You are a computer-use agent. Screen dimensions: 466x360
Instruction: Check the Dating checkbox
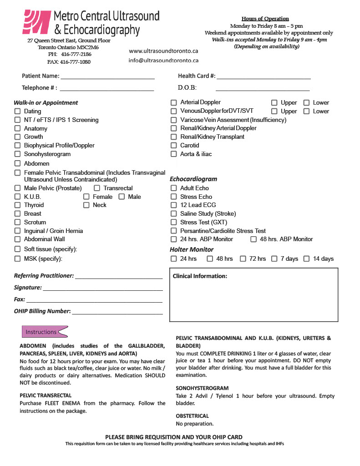[17, 111]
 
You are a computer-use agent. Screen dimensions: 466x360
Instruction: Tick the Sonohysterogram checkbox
[17, 154]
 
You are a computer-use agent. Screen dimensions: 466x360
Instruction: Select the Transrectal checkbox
[97, 188]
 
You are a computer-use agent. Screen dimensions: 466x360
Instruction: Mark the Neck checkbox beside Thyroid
[86, 205]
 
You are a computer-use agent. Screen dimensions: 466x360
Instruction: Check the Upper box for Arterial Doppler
[274, 103]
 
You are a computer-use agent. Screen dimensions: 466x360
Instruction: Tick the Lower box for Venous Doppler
[306, 111]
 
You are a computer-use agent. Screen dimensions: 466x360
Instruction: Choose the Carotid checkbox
[173, 146]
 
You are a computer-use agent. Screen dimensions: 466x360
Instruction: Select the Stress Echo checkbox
[173, 197]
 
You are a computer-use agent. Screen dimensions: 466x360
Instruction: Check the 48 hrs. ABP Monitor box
[254, 239]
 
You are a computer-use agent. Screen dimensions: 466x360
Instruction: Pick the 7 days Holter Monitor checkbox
[274, 259]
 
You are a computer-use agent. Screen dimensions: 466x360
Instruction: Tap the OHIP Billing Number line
[117, 313]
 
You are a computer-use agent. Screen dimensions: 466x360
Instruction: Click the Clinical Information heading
[200, 276]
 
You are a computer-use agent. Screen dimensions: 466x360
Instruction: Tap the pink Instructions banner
[44, 332]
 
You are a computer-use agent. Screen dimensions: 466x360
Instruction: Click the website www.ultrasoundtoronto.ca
[163, 51]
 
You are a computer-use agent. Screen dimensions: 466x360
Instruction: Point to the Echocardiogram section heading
[193, 179]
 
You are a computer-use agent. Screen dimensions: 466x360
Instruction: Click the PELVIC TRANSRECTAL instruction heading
[46, 395]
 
